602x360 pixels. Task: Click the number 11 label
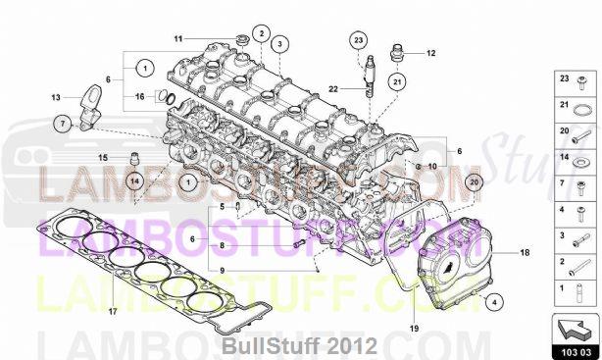[178, 38]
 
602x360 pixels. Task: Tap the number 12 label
[430, 53]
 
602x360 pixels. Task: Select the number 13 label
[57, 97]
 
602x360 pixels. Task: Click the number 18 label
[525, 253]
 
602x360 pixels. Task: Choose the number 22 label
[333, 88]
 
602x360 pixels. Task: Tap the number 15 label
[101, 157]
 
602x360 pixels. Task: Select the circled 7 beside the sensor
[61, 124]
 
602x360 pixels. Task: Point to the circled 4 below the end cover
[493, 301]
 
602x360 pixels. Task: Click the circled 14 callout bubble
[134, 180]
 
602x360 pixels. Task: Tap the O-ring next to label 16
[170, 97]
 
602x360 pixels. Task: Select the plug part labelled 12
[398, 52]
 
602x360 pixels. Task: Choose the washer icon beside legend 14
[580, 159]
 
